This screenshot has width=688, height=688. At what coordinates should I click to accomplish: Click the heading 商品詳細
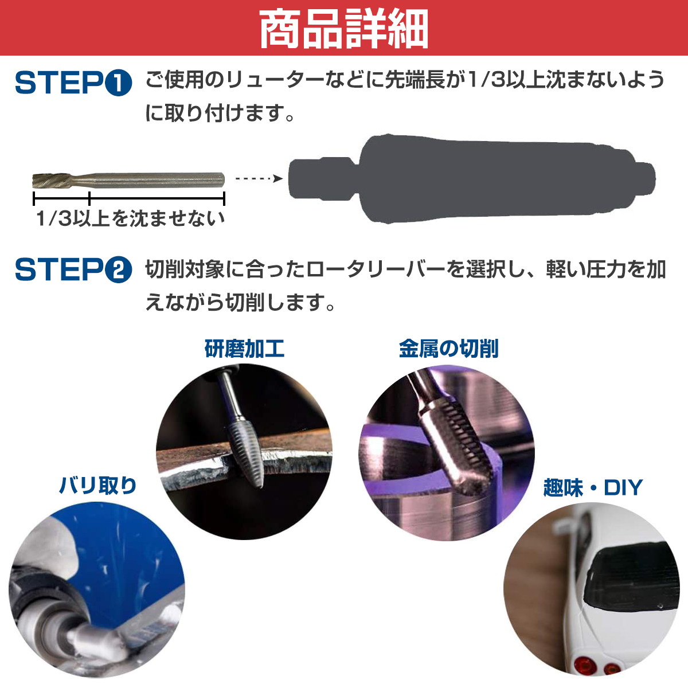(x=343, y=29)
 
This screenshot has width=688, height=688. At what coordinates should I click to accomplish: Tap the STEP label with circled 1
(x=73, y=84)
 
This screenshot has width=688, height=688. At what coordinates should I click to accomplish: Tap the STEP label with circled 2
(x=73, y=269)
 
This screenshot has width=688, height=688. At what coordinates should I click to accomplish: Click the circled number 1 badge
(x=119, y=84)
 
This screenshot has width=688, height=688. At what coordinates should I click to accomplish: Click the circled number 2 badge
(x=119, y=270)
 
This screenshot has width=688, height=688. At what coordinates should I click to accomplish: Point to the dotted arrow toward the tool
(x=259, y=179)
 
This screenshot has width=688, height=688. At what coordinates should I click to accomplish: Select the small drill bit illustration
(x=128, y=180)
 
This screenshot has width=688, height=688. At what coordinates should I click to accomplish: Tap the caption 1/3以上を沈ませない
(x=130, y=218)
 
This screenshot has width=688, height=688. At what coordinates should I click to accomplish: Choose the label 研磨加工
(x=244, y=349)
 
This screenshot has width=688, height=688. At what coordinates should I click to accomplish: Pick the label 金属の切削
(x=448, y=349)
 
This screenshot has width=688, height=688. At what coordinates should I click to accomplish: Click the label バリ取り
(x=98, y=486)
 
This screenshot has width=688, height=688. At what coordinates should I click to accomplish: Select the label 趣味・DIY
(x=593, y=488)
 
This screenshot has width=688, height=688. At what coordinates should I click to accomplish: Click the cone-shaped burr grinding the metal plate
(x=245, y=453)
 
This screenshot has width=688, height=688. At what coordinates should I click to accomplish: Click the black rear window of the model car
(x=631, y=579)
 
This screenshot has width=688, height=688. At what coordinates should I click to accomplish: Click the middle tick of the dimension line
(x=90, y=199)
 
